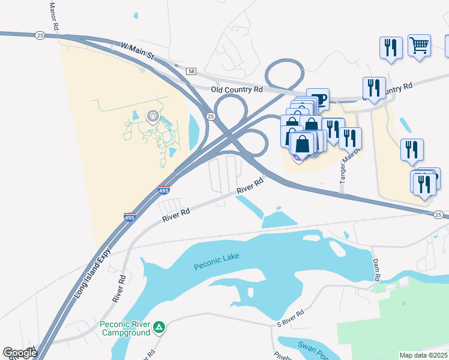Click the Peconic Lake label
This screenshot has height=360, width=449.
pos(216,257)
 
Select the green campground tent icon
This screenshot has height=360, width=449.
pos(159,327)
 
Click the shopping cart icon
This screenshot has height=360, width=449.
pos(419,44)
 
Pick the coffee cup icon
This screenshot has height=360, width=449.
pos(318,99)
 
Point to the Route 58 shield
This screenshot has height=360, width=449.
pos(191,71)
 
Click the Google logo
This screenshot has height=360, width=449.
pos(20,353)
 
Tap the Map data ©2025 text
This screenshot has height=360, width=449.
pos(424,355)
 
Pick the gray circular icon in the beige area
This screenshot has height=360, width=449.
pos(152,116)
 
